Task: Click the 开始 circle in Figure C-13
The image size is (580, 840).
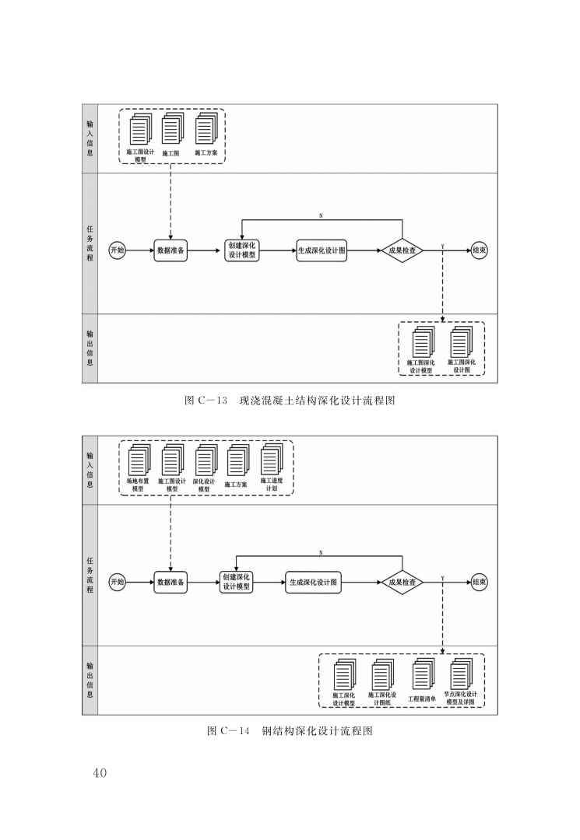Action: tap(118, 250)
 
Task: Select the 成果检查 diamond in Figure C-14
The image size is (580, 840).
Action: tap(402, 583)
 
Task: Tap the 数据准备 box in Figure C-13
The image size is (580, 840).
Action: tap(170, 250)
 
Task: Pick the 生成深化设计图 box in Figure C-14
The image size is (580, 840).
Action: tap(313, 583)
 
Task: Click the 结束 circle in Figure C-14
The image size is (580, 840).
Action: tap(480, 583)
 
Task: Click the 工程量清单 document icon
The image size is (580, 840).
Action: tap(423, 674)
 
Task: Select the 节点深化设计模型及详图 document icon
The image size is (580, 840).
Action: tap(462, 674)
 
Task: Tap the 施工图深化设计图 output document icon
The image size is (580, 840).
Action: tap(462, 341)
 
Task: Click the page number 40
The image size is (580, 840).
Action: tap(100, 772)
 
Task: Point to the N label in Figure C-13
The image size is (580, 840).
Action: tap(321, 216)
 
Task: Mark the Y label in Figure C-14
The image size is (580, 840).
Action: tap(442, 578)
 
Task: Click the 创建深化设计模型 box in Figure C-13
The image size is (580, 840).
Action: tap(242, 250)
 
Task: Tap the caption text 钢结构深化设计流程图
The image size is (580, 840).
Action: tap(317, 730)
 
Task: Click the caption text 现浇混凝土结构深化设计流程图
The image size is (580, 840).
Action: tap(317, 401)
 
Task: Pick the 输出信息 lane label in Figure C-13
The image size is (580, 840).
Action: tap(90, 348)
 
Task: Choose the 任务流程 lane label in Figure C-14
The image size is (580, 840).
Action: tap(90, 575)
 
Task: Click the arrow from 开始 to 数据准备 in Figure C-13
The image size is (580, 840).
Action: tap(140, 250)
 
